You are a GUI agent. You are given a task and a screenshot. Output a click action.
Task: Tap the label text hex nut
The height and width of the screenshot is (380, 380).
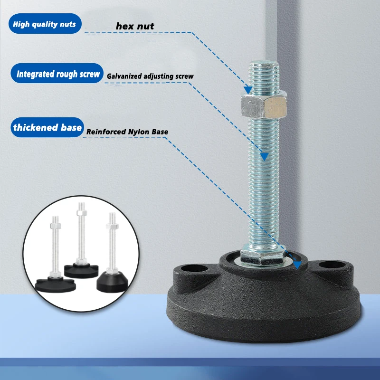pyautogui.click(x=135, y=26)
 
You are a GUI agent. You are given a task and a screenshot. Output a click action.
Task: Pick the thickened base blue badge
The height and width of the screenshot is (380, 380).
pyautogui.click(x=47, y=128)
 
